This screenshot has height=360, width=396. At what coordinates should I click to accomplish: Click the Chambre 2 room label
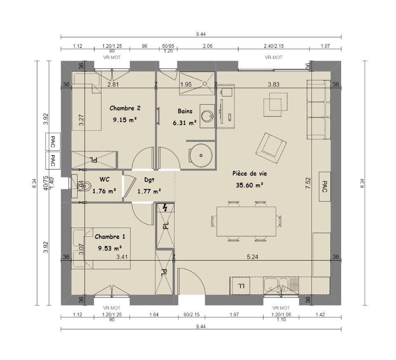(125, 108)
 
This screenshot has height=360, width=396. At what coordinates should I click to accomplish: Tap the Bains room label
(185, 111)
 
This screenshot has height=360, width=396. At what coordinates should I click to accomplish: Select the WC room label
(104, 179)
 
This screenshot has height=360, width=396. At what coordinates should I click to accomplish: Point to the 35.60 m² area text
(250, 185)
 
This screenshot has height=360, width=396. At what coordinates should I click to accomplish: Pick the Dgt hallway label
(149, 180)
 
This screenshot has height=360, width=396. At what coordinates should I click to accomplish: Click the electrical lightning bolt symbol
(165, 208)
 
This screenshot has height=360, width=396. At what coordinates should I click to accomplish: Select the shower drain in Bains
(205, 84)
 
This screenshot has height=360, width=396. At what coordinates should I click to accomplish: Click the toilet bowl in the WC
(86, 186)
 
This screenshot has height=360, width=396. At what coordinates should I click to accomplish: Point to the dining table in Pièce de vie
(246, 221)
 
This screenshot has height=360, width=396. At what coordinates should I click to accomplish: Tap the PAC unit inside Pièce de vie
(325, 186)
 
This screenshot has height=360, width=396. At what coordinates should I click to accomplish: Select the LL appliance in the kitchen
(241, 286)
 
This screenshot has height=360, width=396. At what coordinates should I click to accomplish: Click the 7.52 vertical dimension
(308, 183)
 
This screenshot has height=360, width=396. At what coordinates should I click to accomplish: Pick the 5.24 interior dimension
(252, 257)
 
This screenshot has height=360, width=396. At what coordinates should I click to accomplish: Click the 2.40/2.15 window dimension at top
(274, 46)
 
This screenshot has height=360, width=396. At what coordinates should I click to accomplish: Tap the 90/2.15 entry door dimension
(191, 315)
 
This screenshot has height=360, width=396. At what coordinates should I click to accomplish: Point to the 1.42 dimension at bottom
(320, 315)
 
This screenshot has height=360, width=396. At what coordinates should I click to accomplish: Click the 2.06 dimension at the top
(207, 46)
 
